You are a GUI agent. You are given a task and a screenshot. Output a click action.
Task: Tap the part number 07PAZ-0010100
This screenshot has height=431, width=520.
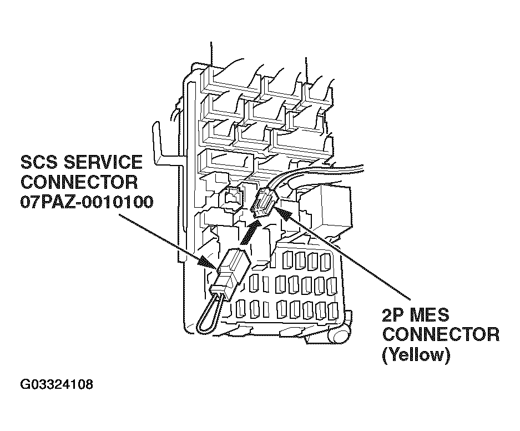86,202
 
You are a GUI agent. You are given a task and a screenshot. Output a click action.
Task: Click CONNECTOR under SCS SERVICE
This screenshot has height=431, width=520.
78,182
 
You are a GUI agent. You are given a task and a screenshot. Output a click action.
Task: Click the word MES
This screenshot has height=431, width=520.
429,315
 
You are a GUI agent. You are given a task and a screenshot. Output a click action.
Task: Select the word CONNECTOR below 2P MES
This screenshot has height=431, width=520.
441,335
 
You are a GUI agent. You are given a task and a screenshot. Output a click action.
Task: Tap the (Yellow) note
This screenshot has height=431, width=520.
416,354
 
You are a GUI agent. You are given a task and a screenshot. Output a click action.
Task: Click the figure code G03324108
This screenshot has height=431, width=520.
57,385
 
